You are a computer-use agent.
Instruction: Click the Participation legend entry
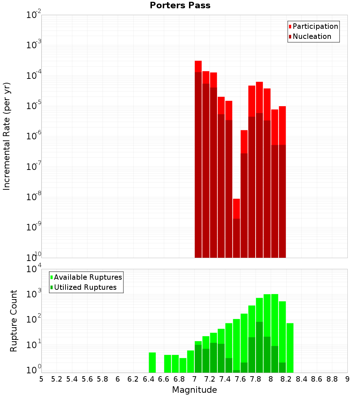[315, 26]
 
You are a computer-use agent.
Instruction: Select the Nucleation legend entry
[312, 36]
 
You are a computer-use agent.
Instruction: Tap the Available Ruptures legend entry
[87, 277]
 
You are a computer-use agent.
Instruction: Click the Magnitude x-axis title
[194, 390]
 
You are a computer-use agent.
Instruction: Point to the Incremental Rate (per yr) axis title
[7, 136]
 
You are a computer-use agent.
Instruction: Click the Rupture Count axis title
[14, 321]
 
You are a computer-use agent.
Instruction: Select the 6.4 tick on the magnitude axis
[148, 379]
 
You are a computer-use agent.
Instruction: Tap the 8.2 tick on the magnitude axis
[286, 379]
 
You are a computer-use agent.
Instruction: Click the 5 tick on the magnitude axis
[41, 379]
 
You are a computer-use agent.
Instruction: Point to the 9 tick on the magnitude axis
[347, 379]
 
